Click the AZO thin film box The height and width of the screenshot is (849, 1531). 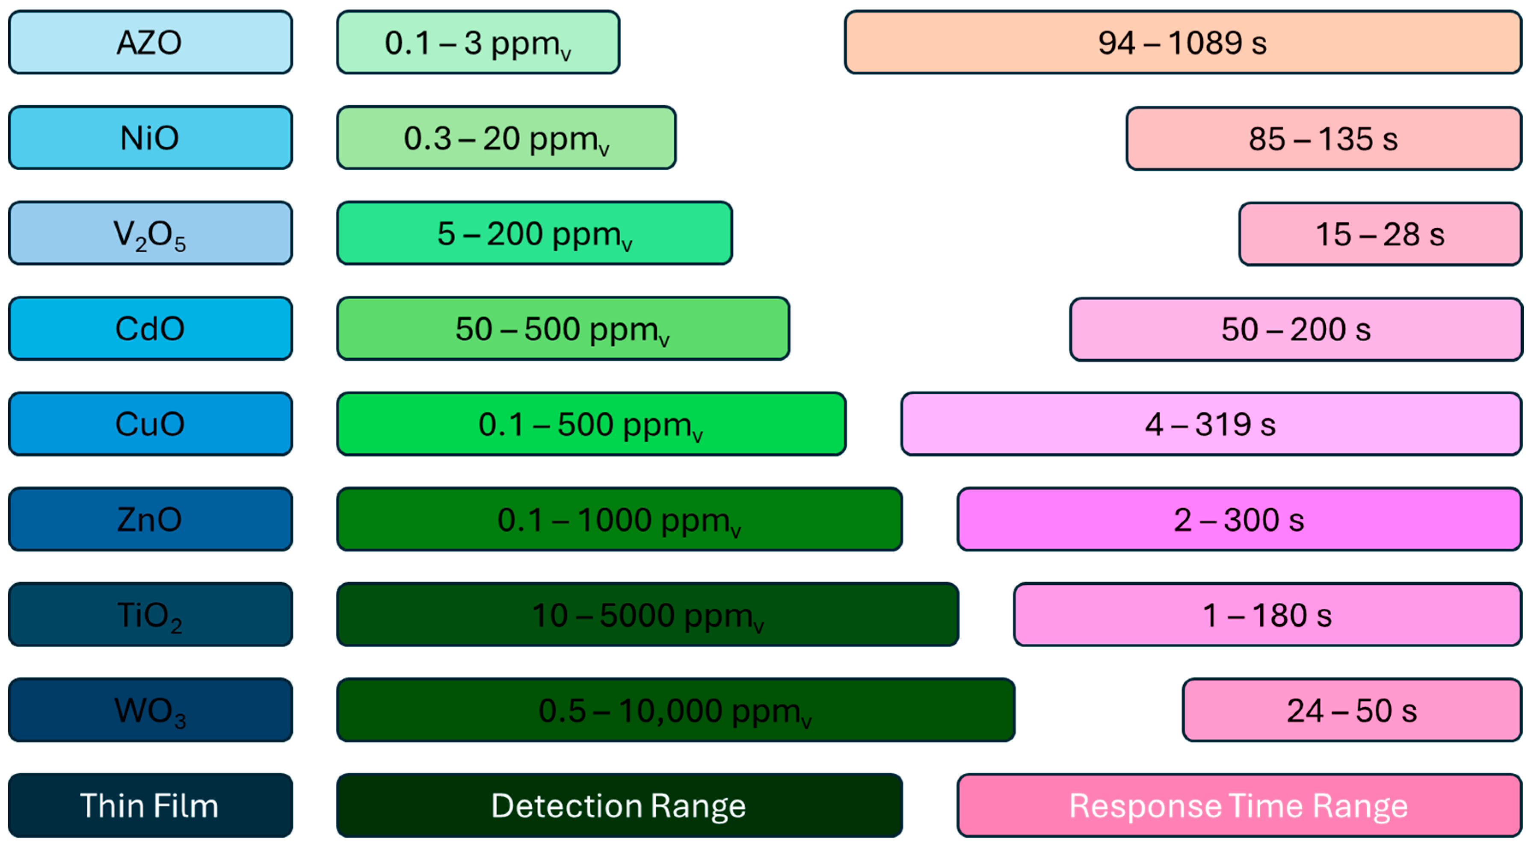[x=151, y=42]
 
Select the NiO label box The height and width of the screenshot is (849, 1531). [x=151, y=138]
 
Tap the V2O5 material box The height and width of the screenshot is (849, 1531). [x=151, y=233]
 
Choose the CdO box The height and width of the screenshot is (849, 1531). [x=151, y=329]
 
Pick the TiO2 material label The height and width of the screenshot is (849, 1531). [x=151, y=614]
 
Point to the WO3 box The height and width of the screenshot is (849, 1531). [x=151, y=710]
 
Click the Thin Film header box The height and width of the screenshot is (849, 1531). [x=151, y=806]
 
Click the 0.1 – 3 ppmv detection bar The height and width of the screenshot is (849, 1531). [x=478, y=42]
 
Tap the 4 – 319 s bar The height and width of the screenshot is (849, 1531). [x=1211, y=424]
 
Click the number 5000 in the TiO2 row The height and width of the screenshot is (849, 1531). [x=637, y=615]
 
